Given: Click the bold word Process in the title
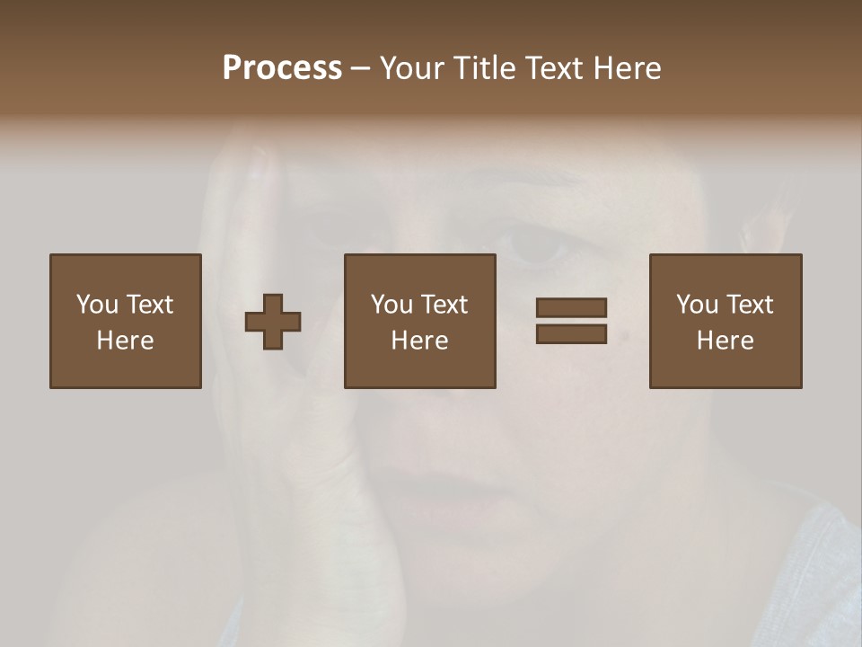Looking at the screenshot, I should click(282, 68).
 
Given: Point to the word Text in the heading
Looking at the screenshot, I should click(551, 68).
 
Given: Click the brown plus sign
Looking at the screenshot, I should click(274, 321).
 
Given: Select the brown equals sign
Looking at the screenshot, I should click(571, 321).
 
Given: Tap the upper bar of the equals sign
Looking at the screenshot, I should click(571, 307).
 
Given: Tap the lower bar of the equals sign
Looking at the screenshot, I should click(571, 333).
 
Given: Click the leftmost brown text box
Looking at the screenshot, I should click(126, 321).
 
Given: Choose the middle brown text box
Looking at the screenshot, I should click(420, 321).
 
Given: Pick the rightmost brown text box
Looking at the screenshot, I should click(726, 321).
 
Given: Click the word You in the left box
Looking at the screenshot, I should click(97, 305).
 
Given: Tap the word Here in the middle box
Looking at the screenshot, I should click(420, 341).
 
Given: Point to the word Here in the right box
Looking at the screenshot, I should click(726, 341).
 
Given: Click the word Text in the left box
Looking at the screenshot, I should click(149, 305).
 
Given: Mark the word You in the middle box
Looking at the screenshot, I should click(391, 305).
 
